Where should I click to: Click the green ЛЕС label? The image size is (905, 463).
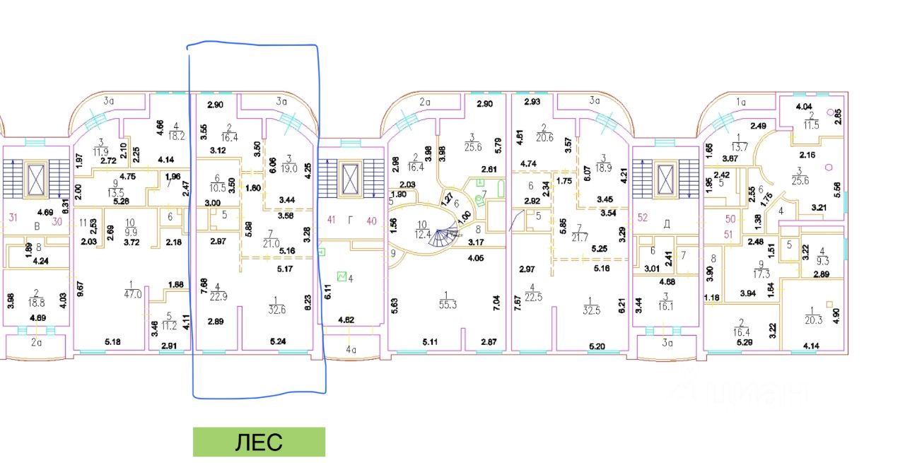pos(259,443)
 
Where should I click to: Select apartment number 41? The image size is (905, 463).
pos(331,220)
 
